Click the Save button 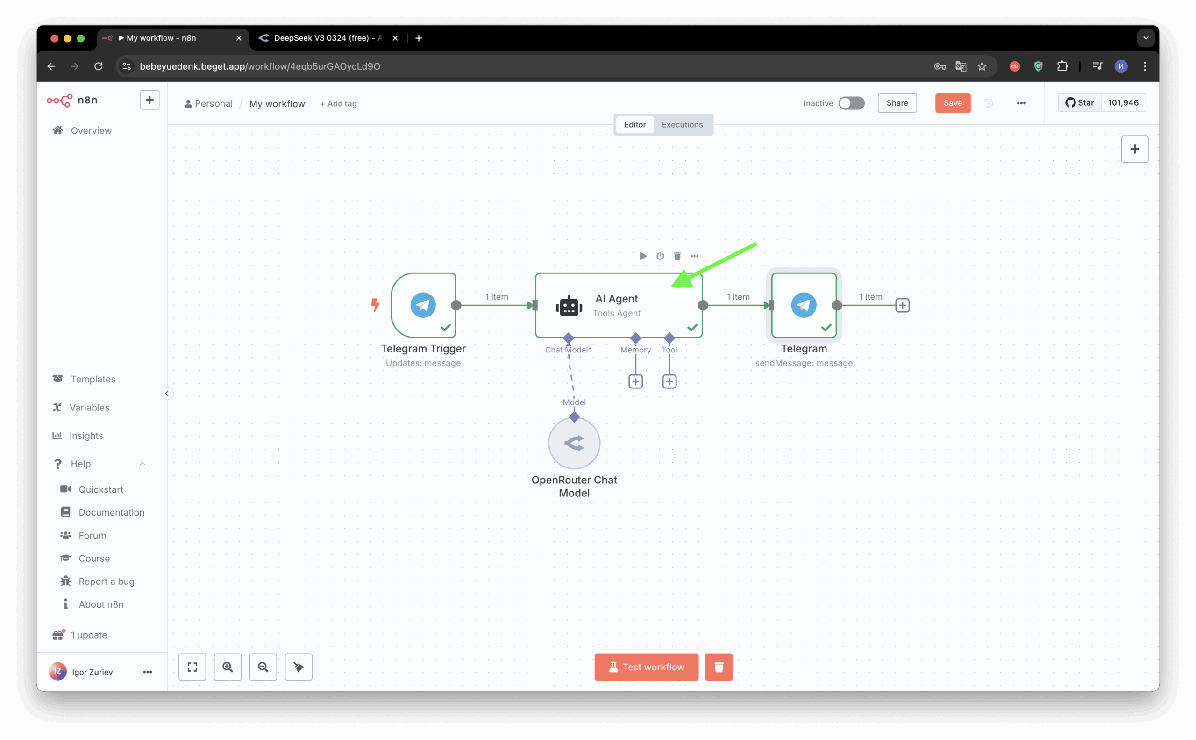[953, 103]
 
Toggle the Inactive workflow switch [851, 103]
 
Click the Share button [897, 103]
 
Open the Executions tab [682, 124]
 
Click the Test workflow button [646, 667]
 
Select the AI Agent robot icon [569, 306]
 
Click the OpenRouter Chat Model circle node [574, 443]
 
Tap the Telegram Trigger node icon [423, 305]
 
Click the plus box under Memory [635, 381]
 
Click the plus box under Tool [669, 381]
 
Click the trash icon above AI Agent [677, 256]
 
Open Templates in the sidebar [93, 379]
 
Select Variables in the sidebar [89, 407]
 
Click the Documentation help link [111, 512]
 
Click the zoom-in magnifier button [228, 667]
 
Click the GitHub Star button [1080, 103]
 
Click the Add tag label [339, 104]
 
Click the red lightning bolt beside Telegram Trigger [375, 305]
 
